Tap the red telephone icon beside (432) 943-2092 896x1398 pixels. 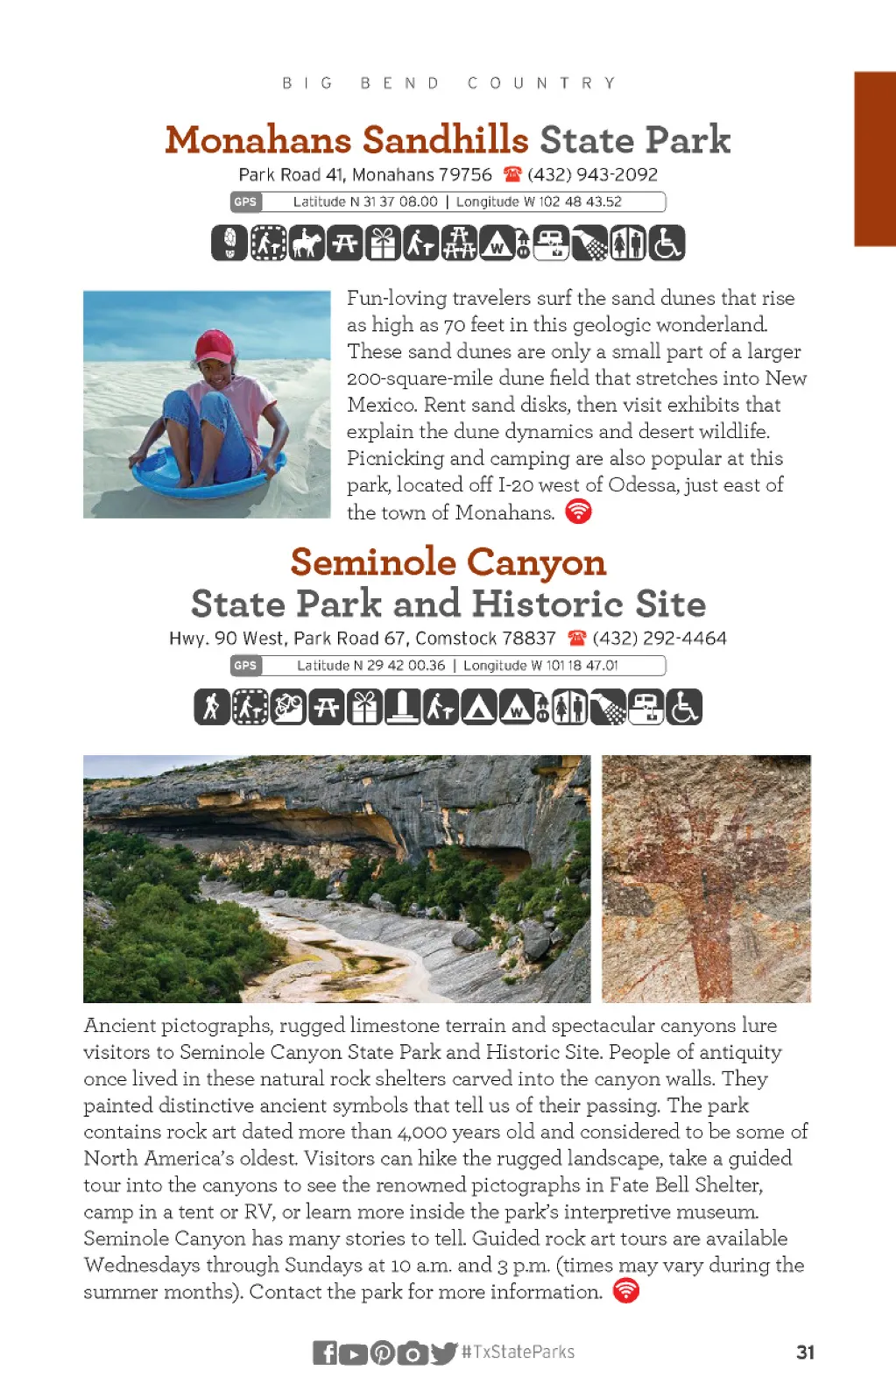(x=512, y=174)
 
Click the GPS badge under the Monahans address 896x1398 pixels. (x=245, y=201)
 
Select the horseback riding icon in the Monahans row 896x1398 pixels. (x=307, y=243)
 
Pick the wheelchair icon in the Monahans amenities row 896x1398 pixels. (x=667, y=243)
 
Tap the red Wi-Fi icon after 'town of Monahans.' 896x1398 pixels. (x=578, y=512)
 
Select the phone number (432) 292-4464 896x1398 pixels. (x=660, y=638)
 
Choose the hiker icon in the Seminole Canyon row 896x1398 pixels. (x=212, y=707)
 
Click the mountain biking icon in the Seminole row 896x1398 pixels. (x=288, y=707)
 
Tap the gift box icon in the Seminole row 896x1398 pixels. (x=364, y=707)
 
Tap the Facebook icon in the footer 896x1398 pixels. (x=325, y=1352)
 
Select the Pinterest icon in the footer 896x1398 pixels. (x=383, y=1352)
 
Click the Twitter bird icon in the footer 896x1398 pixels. (x=443, y=1352)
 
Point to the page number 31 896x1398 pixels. (x=805, y=1352)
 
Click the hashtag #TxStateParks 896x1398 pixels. (x=519, y=1352)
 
